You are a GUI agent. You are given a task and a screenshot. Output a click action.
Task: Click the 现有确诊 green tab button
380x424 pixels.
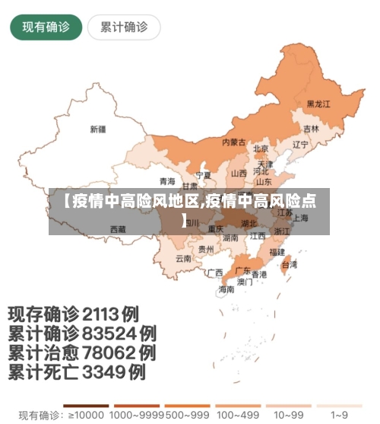[46, 27]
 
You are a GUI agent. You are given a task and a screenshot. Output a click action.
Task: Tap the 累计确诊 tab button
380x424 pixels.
[124, 27]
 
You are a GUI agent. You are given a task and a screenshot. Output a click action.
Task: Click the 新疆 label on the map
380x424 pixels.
[98, 129]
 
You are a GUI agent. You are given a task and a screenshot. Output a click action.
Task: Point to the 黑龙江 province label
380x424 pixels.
[319, 104]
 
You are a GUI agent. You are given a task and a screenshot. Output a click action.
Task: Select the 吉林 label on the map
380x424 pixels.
[312, 129]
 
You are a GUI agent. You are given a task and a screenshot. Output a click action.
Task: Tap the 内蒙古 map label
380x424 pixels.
[233, 142]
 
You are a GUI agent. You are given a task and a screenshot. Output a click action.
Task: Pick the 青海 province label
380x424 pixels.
[167, 181]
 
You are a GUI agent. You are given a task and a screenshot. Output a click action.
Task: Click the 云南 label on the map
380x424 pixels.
[184, 258]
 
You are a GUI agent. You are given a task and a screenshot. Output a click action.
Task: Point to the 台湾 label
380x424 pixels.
[290, 265]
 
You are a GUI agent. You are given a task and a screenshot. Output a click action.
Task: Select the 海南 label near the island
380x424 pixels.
[226, 289]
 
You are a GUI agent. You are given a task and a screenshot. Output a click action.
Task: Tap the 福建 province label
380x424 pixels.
[277, 250]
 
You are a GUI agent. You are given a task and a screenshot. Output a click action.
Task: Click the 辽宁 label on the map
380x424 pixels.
[301, 145]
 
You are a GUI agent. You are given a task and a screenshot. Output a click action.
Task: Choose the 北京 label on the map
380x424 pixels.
[261, 149]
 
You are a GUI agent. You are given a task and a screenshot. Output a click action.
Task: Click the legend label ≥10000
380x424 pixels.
[84, 416]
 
